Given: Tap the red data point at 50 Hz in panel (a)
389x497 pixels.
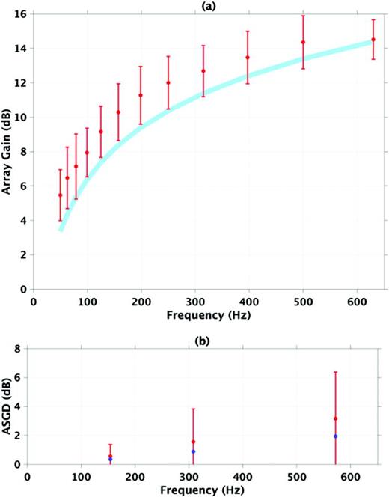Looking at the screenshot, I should [x=60, y=195].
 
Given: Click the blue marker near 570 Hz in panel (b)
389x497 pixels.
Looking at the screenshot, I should [x=335, y=436].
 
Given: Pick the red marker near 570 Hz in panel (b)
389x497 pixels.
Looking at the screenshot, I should [x=335, y=418].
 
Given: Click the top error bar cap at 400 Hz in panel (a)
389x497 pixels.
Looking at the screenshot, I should [x=248, y=31].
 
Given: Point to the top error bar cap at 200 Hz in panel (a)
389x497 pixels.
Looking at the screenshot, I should [x=141, y=67].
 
